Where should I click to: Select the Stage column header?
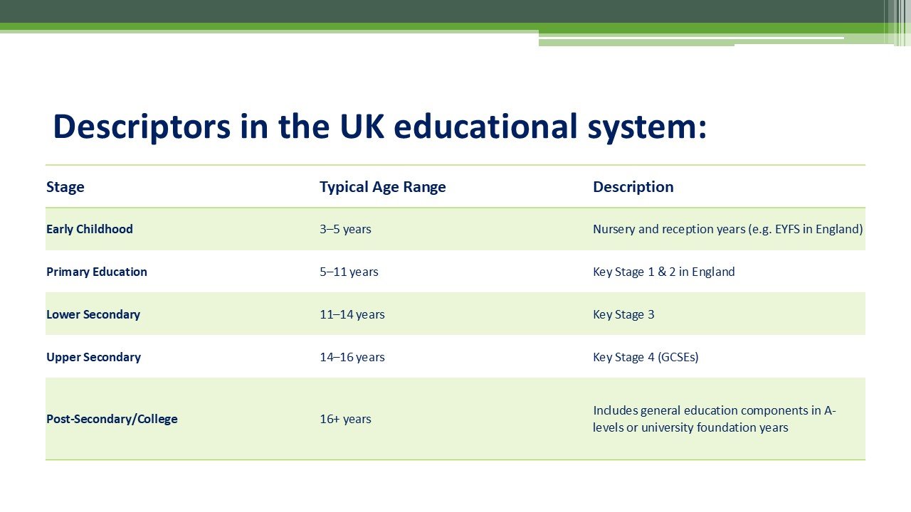(x=65, y=187)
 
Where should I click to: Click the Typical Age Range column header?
(x=383, y=187)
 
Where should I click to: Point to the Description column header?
(x=633, y=187)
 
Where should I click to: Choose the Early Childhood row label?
(x=90, y=229)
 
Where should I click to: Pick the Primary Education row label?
(x=97, y=272)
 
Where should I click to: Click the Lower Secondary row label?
(x=93, y=314)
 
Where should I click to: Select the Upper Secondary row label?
(x=93, y=357)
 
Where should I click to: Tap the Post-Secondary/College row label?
(x=112, y=419)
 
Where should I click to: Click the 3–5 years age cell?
(x=345, y=229)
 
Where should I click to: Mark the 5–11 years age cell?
(x=349, y=272)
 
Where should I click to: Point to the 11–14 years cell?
(x=352, y=314)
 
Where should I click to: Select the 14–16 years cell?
(x=352, y=357)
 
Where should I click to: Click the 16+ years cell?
(x=345, y=419)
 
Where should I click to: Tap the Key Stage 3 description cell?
(x=623, y=314)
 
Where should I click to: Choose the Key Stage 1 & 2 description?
(x=663, y=272)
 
